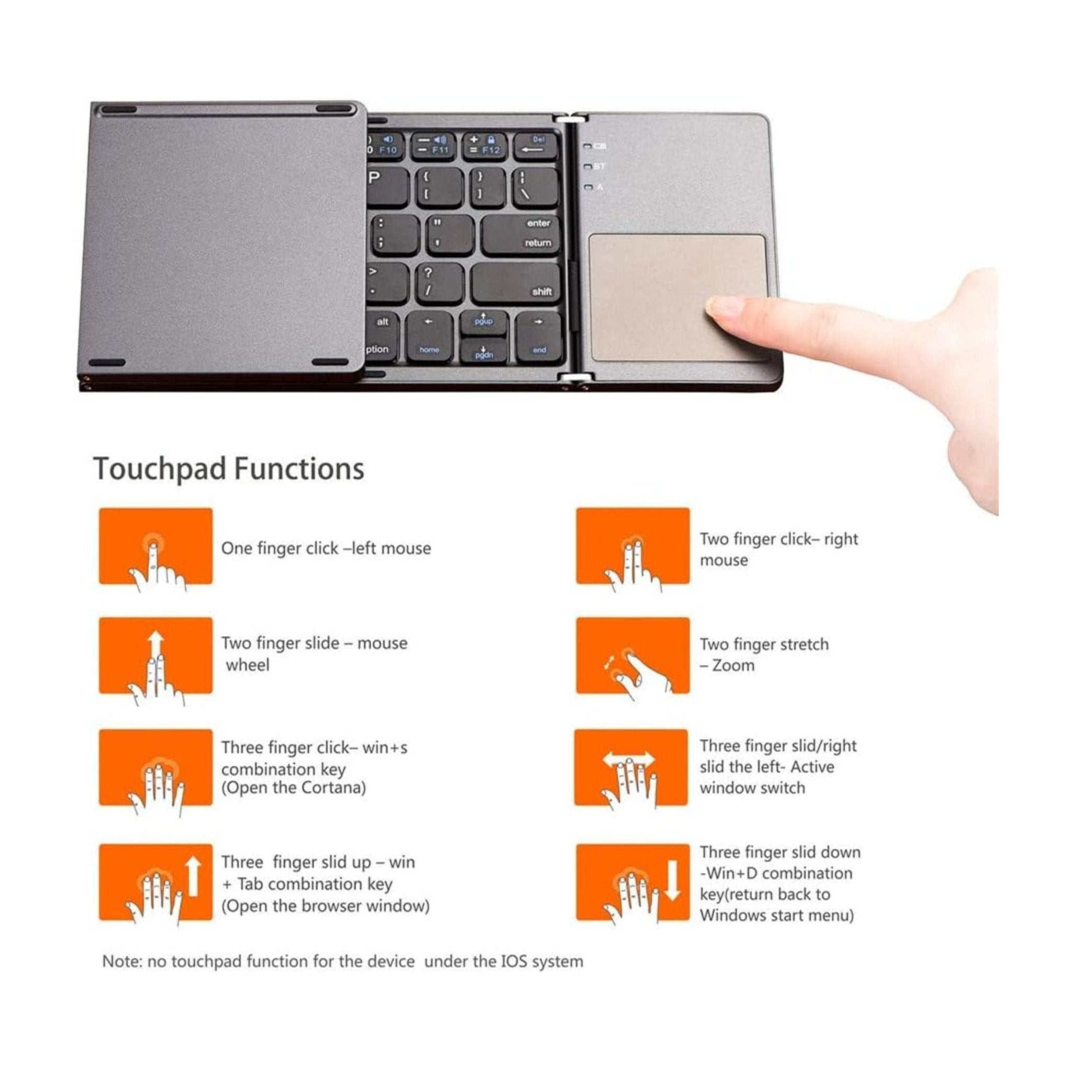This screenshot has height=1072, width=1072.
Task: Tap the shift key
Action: pos(516,284)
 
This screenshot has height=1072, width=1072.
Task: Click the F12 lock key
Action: pos(485,146)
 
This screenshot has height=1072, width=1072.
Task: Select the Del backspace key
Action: pos(535,146)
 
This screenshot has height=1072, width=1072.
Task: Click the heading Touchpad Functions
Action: pos(229,469)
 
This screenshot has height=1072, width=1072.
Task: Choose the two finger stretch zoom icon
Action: pos(632,657)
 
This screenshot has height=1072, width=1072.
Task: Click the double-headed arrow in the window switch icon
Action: pos(629,760)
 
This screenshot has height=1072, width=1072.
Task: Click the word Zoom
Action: pos(733,665)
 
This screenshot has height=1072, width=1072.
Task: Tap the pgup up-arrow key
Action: pos(483,321)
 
